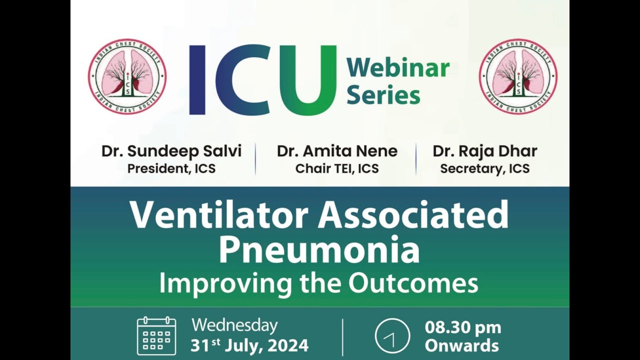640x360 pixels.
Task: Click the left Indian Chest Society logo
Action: click(x=127, y=76)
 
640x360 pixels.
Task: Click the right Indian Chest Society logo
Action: click(x=518, y=76)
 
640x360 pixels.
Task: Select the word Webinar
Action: click(x=398, y=68)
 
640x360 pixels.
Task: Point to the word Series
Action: click(x=383, y=94)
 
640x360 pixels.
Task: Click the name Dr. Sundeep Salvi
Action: click(x=171, y=151)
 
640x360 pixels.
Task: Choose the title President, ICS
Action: click(x=171, y=168)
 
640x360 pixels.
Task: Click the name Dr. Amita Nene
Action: click(x=337, y=151)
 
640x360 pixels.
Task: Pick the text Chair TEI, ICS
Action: click(x=337, y=168)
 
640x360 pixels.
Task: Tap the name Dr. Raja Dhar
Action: click(x=485, y=151)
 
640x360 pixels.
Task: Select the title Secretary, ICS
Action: click(x=485, y=168)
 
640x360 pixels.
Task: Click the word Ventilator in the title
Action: click(x=219, y=215)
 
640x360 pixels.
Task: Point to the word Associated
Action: click(x=413, y=215)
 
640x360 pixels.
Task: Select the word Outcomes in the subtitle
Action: click(x=413, y=283)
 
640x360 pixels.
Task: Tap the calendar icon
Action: click(x=156, y=335)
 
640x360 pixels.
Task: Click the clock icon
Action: click(x=392, y=336)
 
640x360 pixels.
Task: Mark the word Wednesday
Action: click(x=234, y=325)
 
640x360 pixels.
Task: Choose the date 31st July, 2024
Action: click(x=249, y=345)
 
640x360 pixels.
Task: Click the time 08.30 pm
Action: click(x=462, y=327)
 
